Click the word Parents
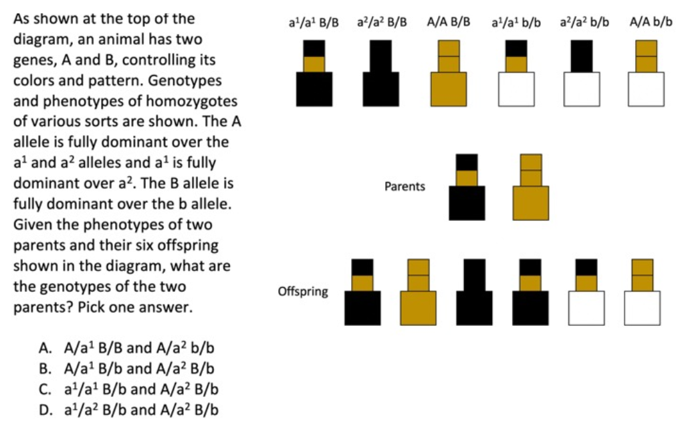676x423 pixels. (405, 187)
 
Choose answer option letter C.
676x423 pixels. (45, 388)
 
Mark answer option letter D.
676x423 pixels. (45, 409)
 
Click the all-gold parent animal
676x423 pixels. (531, 187)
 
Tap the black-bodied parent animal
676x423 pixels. (467, 187)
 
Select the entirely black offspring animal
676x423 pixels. (474, 292)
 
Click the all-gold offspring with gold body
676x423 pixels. (418, 292)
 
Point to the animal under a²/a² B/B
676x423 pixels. (380, 74)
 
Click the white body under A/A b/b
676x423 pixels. (646, 89)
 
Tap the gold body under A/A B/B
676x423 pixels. (448, 89)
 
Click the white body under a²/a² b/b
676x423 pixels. (581, 89)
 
